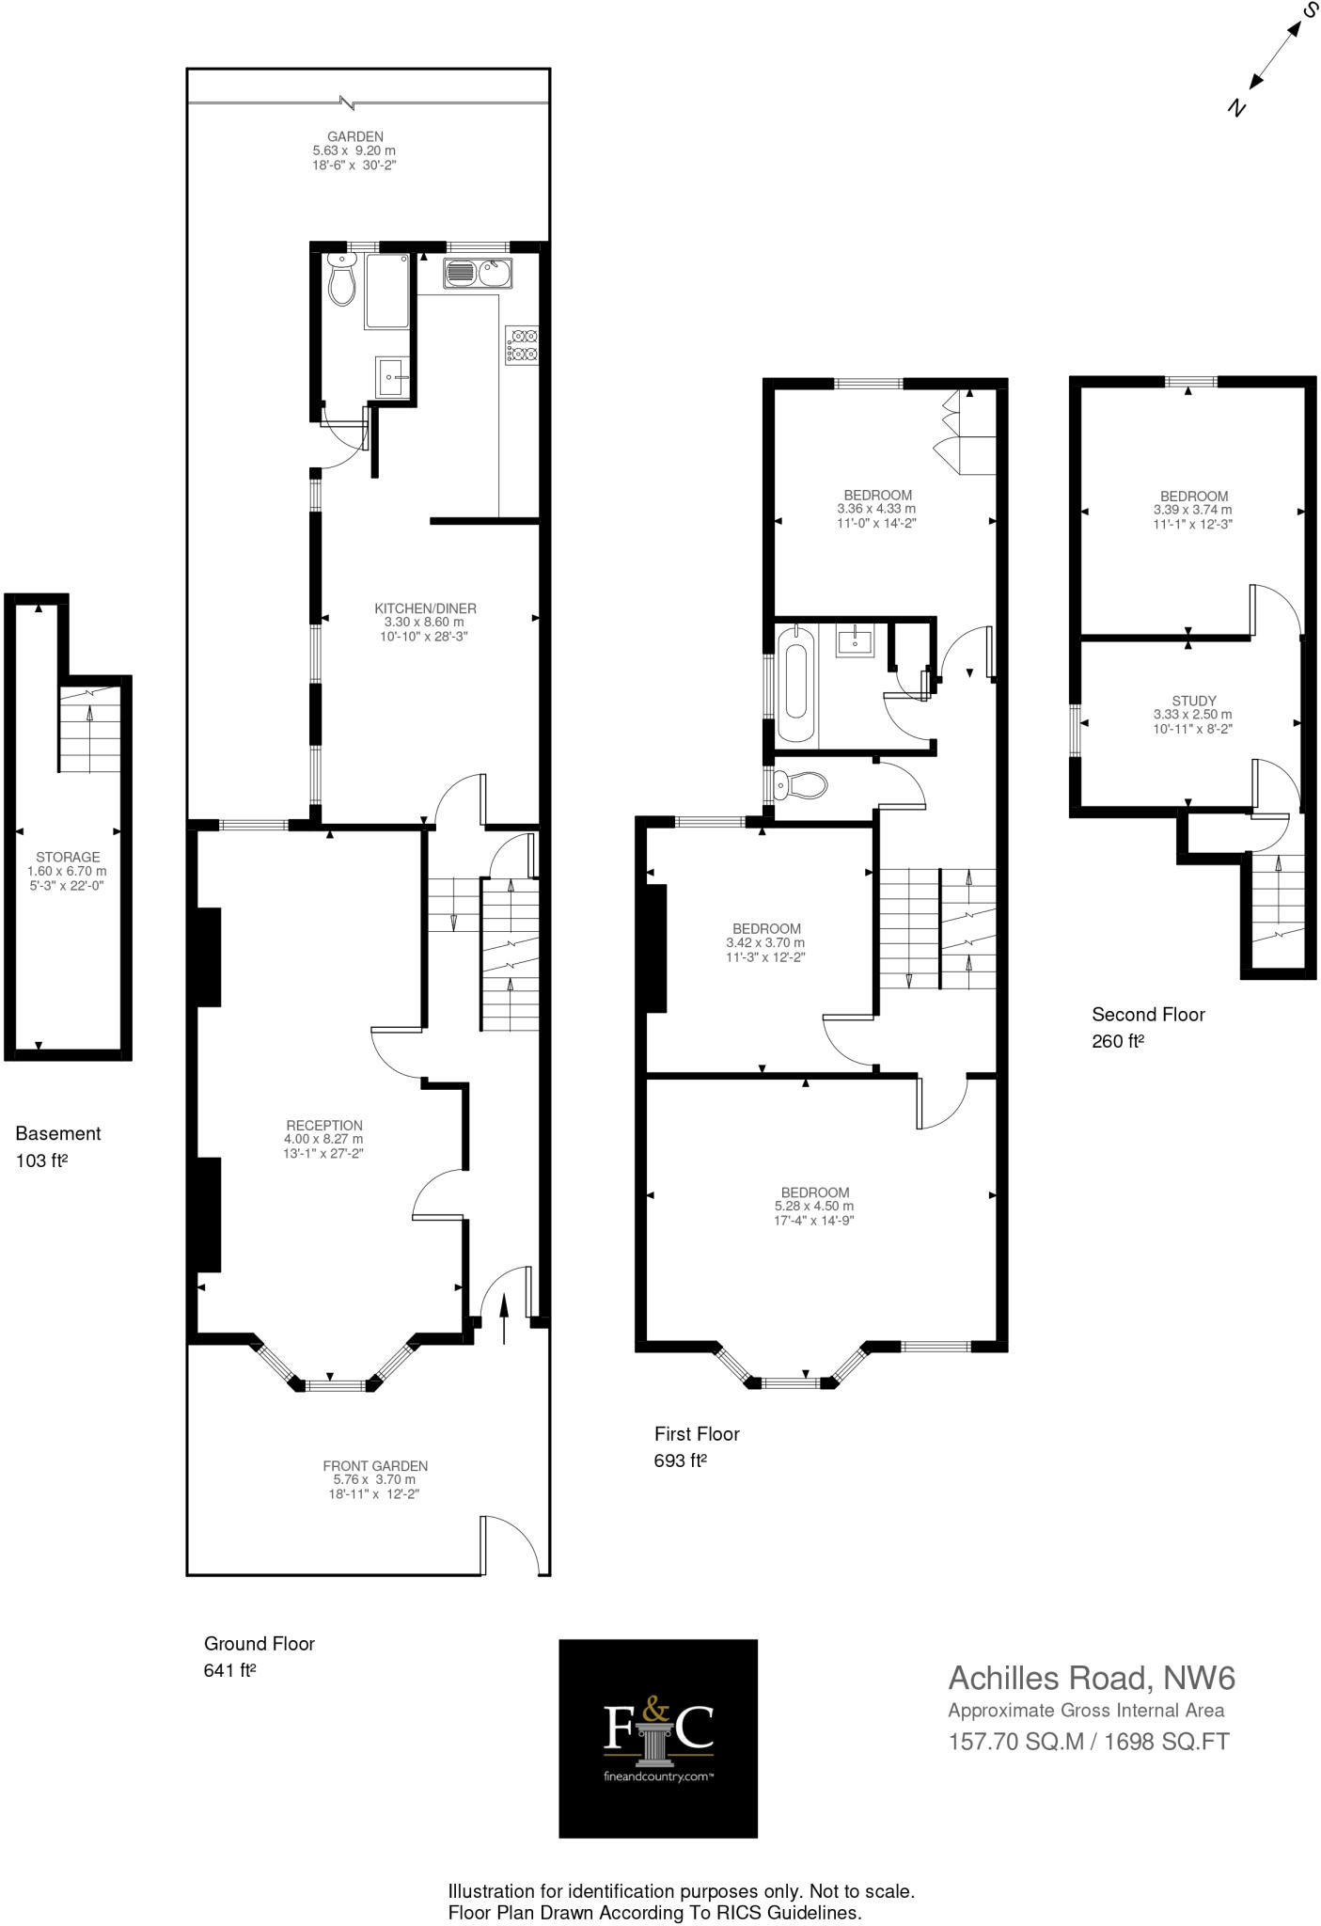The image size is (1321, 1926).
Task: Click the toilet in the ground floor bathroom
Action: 342,280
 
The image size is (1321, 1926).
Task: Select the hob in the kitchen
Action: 523,344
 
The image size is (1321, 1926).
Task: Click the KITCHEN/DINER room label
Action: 425,608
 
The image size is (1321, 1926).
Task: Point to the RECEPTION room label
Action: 324,1125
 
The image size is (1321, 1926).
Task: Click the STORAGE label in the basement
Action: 68,857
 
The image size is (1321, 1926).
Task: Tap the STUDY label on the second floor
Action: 1194,701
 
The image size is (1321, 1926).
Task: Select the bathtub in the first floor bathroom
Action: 794,685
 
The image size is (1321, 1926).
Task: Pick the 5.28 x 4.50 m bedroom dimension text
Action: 814,1206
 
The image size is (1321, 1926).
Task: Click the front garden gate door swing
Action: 509,1545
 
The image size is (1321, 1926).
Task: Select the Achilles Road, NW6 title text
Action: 1091,1678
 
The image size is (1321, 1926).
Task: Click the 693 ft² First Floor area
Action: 680,1460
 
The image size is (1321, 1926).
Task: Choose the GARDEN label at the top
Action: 354,136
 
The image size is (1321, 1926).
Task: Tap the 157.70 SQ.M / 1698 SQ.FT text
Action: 1088,1742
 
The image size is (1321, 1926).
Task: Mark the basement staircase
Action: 91,729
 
